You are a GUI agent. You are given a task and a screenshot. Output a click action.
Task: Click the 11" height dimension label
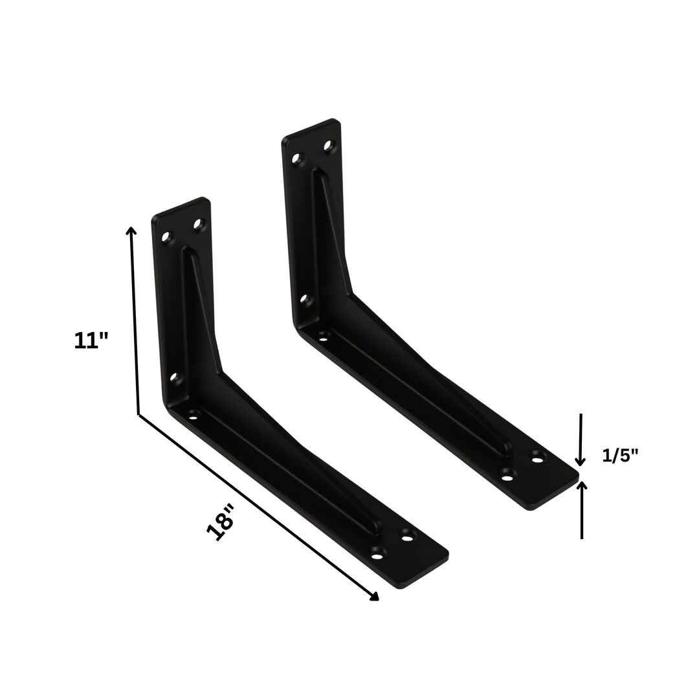(x=91, y=340)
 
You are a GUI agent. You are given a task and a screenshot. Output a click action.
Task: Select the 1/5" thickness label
(x=620, y=455)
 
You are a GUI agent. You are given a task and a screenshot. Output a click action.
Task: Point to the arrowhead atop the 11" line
(x=131, y=230)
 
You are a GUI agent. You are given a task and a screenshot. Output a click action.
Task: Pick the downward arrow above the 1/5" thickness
(x=581, y=460)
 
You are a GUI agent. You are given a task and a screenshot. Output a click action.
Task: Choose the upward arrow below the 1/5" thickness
(x=582, y=486)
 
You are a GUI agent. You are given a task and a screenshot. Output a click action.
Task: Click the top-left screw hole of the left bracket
(x=166, y=237)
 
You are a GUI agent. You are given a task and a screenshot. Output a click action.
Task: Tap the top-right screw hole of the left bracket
(x=198, y=224)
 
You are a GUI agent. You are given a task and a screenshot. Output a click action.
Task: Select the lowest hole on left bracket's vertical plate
(x=173, y=377)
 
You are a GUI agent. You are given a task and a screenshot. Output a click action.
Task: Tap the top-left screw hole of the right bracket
(x=296, y=158)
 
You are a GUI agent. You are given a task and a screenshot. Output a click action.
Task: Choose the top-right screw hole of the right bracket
(x=328, y=146)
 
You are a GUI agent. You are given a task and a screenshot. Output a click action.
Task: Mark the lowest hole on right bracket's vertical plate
(x=304, y=299)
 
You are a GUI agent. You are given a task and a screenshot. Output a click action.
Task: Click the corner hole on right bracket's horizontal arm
(x=323, y=338)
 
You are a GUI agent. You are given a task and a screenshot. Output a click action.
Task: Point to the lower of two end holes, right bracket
(x=507, y=478)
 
